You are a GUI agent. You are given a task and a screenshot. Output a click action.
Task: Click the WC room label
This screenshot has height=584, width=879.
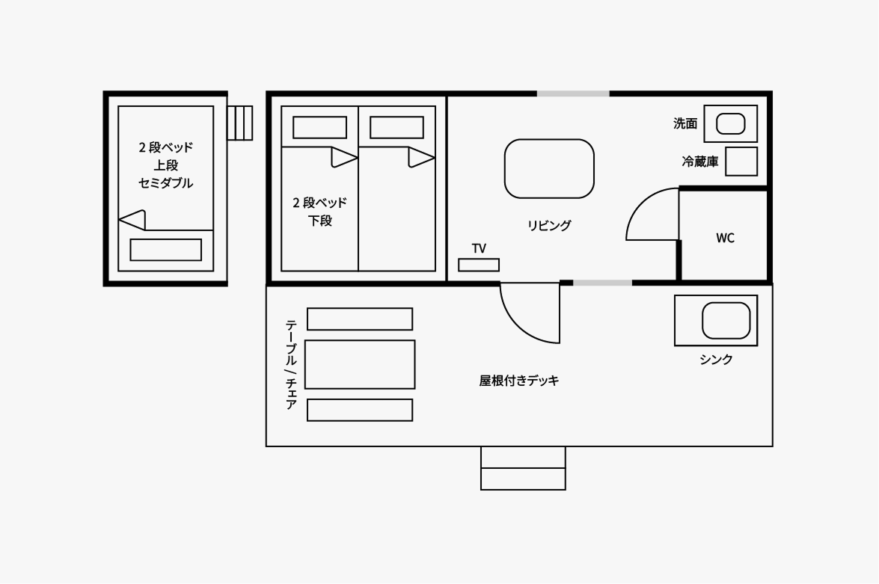[725, 239]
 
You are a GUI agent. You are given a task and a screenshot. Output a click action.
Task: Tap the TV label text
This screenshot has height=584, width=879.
[479, 248]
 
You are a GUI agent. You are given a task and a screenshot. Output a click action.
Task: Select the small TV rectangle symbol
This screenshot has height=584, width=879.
[479, 265]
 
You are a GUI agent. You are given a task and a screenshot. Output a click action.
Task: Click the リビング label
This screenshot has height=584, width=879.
[549, 225]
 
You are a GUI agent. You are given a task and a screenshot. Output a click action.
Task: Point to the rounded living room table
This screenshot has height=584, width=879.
[549, 168]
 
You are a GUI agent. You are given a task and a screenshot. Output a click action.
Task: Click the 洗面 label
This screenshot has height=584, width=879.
[685, 123]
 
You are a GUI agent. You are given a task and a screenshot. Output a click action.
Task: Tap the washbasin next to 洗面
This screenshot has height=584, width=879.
[731, 123]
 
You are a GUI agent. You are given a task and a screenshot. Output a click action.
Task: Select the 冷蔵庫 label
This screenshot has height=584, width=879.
[699, 162]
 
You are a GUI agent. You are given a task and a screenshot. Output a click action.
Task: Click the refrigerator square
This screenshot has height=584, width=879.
[741, 162]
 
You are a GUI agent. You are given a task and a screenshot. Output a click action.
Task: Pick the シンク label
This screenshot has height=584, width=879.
[716, 360]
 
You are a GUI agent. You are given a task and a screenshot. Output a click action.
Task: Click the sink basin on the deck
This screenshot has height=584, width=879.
[726, 321]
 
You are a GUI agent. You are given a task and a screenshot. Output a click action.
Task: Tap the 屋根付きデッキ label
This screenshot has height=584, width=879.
[519, 381]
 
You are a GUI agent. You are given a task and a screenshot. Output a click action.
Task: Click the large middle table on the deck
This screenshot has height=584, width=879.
[360, 364]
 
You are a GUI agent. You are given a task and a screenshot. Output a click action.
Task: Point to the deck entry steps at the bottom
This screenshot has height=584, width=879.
[523, 468]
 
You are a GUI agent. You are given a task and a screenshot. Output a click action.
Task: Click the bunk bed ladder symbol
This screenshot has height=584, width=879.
[240, 123]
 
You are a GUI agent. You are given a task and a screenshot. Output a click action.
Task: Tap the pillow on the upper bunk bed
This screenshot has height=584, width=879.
[165, 250]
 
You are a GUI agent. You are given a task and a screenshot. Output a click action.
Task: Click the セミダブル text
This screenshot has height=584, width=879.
[165, 183]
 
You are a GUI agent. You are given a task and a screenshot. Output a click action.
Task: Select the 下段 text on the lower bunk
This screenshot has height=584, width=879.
[320, 221]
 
